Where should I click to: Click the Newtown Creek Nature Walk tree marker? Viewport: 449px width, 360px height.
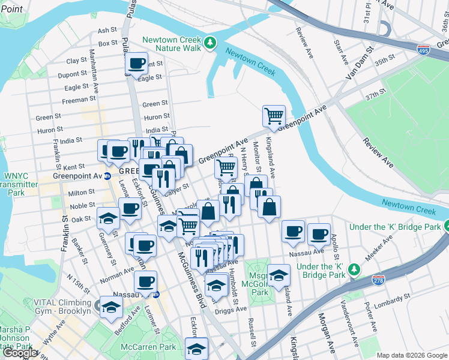209,42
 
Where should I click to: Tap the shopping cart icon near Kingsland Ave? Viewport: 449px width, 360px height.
274,115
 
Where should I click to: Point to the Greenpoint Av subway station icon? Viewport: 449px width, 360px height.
107,176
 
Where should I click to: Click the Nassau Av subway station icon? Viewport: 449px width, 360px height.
156,295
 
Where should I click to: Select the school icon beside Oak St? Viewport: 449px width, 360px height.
108,218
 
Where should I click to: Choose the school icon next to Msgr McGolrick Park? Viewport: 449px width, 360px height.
279,275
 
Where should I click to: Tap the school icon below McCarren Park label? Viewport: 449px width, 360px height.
196,348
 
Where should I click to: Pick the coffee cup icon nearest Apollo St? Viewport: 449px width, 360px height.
319,233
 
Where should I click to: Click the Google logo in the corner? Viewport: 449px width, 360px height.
20,353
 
